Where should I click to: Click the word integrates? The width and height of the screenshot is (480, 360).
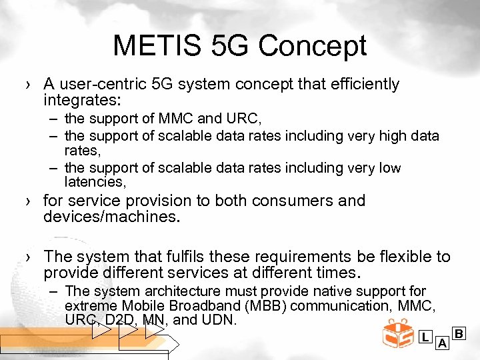[79, 101]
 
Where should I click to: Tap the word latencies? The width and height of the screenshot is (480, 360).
[94, 181]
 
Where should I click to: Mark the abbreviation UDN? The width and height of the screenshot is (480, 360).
[221, 320]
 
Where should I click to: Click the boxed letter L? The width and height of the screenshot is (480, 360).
[425, 337]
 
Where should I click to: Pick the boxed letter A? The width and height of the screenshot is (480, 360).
[441, 344]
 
